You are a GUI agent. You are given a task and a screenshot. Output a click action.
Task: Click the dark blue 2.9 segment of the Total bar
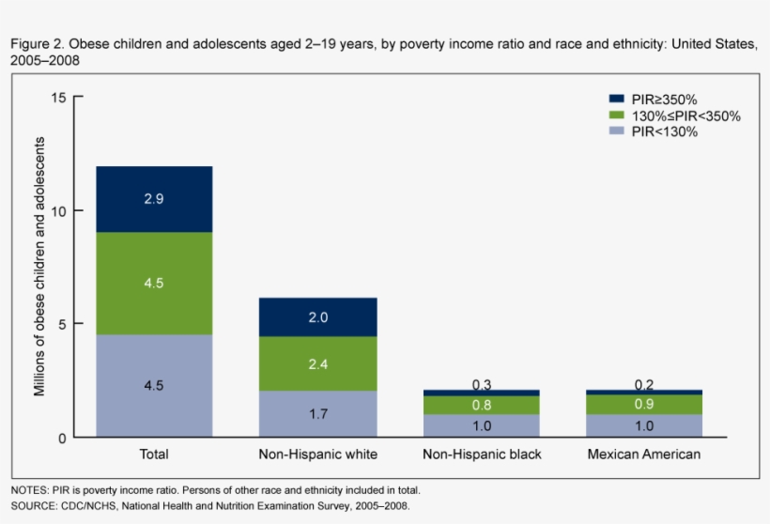click(154, 199)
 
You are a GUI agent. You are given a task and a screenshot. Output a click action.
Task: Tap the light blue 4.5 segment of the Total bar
click(154, 386)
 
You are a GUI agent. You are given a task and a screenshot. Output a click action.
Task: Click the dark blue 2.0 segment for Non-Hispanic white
click(318, 317)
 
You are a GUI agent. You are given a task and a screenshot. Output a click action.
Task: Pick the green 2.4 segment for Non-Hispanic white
click(318, 363)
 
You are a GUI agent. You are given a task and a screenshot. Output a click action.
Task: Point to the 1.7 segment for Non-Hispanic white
click(318, 414)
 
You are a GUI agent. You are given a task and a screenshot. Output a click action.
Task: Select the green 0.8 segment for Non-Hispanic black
click(482, 405)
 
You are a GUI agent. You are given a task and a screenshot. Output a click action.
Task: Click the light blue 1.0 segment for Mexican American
click(644, 425)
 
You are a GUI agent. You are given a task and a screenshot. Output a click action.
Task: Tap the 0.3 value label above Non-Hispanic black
click(482, 383)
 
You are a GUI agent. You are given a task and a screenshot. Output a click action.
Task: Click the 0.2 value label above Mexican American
click(644, 383)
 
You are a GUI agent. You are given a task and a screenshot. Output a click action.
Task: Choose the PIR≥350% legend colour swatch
click(617, 100)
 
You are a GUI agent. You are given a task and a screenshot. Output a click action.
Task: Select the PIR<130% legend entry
click(664, 132)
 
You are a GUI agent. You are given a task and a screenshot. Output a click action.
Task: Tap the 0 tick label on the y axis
click(62, 438)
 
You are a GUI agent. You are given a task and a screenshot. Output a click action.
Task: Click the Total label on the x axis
click(154, 455)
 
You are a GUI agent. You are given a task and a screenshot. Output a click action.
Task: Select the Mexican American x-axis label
click(644, 455)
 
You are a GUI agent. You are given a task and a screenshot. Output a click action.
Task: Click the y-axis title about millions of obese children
click(40, 267)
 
